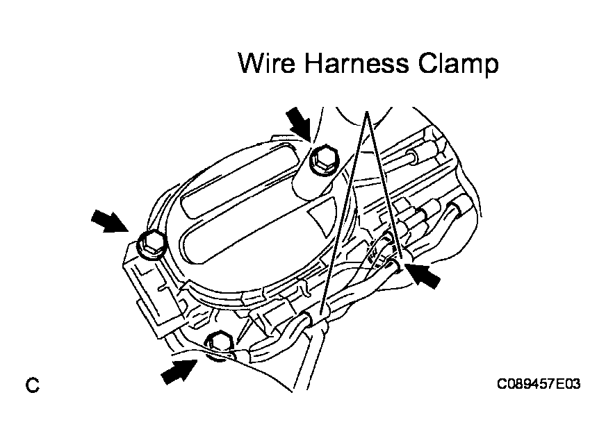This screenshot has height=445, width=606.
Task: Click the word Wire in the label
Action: click(267, 63)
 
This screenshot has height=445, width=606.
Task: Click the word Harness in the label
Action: click(357, 63)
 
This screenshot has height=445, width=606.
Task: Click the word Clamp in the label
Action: click(459, 64)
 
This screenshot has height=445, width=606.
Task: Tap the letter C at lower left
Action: click(33, 385)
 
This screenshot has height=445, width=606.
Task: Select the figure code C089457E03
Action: click(539, 384)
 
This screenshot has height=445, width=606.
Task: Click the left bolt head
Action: click(153, 244)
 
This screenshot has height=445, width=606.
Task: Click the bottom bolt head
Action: click(218, 344)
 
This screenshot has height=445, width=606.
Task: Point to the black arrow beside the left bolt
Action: click(109, 221)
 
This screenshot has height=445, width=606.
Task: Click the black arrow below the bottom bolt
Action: click(179, 371)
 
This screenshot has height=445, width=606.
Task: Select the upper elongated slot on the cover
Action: click(240, 178)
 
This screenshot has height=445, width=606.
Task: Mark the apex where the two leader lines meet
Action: click(366, 112)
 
